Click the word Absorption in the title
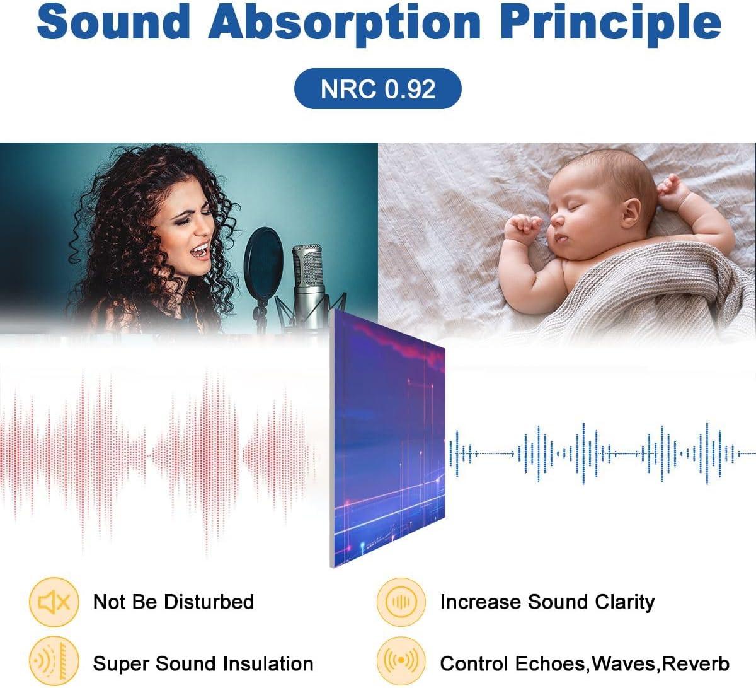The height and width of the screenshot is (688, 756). pos(345,22)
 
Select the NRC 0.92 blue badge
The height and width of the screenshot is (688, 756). pos(377,88)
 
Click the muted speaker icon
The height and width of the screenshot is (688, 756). pos(54,603)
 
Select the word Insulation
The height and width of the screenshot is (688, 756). pos(272,663)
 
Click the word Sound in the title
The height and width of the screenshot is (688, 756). pos(113,22)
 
